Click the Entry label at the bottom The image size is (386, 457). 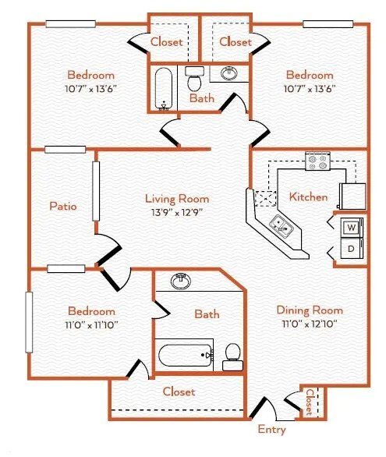coord(271,430)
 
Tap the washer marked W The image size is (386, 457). coord(351,228)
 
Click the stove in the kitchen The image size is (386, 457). coord(317,161)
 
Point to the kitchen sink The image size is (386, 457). coord(281,226)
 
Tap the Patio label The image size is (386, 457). coord(62,207)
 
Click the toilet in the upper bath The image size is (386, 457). coord(195,79)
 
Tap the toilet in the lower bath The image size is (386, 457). coord(232,357)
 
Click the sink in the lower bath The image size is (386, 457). coord(182,280)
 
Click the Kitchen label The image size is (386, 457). coord(308,197)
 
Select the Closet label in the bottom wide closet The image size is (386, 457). coord(179,391)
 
